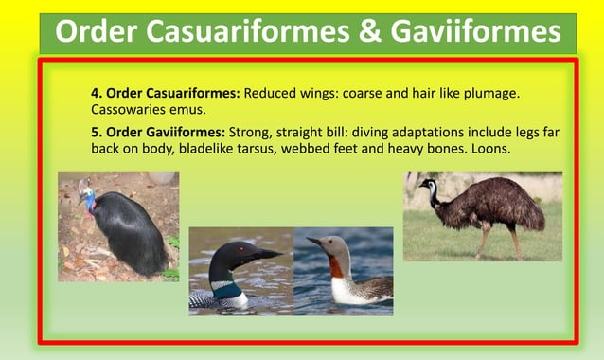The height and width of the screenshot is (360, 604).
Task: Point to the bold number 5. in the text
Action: (x=96, y=132)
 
